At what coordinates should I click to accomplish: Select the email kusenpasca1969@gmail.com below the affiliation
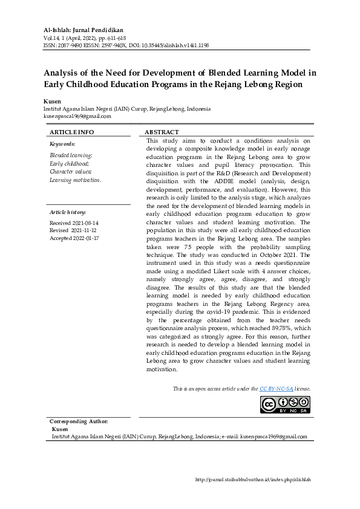point(77,115)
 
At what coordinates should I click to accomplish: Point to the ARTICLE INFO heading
point(71,132)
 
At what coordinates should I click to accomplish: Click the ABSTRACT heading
point(162,132)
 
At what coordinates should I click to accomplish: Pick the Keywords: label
point(62,144)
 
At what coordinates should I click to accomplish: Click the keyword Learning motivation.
point(75,180)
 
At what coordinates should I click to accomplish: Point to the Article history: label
point(68,213)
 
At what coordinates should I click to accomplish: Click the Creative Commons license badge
point(285,404)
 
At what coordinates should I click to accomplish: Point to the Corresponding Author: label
point(79,421)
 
